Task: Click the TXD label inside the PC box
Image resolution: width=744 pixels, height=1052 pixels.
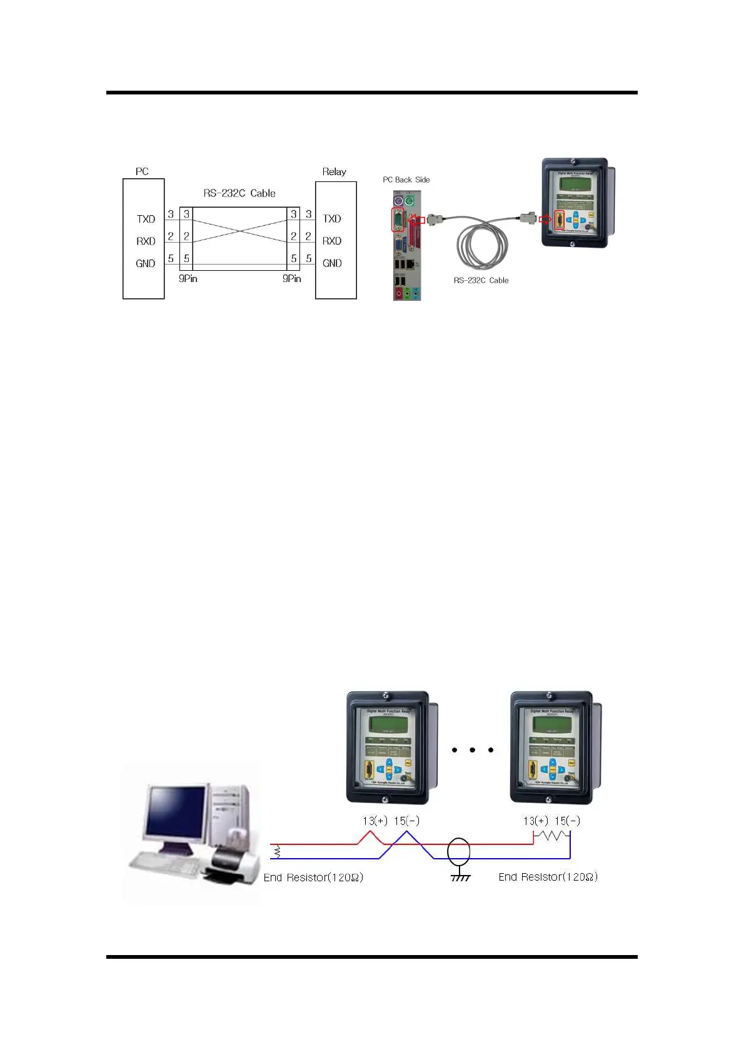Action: (146, 219)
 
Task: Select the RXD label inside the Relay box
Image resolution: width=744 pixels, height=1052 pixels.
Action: (332, 241)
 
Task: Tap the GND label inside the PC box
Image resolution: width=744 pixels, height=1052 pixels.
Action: (145, 263)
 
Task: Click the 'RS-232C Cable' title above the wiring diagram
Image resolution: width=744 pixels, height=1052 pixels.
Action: (239, 193)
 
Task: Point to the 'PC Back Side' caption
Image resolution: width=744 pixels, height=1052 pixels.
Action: (406, 180)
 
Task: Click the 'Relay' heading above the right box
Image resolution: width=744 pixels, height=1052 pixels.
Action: (334, 171)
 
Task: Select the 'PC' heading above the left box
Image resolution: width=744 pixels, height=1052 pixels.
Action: (142, 171)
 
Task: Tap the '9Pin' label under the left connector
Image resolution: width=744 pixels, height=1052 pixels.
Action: (188, 278)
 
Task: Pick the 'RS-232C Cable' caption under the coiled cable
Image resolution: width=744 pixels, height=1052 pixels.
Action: (481, 280)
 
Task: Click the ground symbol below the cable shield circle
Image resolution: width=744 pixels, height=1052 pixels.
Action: (460, 877)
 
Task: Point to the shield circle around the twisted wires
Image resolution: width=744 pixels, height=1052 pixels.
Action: (459, 851)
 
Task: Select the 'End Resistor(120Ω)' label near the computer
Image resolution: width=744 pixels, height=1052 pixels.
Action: (313, 878)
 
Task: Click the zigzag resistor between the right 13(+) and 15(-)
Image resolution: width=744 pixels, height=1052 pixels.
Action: (551, 835)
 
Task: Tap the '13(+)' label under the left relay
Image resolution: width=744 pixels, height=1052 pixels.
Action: (375, 821)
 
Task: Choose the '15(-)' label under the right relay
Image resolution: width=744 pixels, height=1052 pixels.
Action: (567, 821)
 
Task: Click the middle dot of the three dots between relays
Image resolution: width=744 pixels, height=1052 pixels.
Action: (472, 749)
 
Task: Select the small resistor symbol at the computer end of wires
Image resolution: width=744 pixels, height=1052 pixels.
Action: (277, 851)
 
